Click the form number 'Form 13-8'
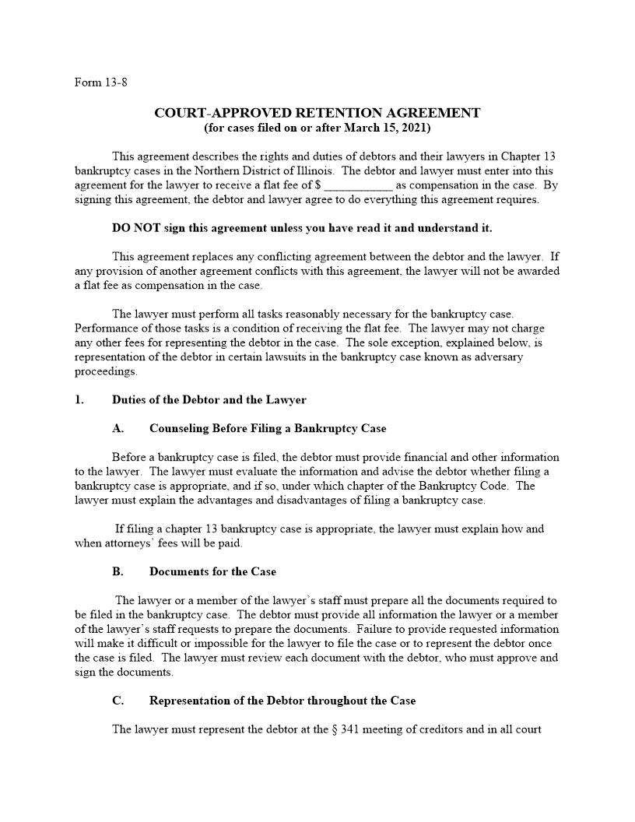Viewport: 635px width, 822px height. pos(100,83)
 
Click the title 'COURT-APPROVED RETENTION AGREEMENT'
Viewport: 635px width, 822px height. pos(317,113)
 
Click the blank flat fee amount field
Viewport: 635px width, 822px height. pos(358,186)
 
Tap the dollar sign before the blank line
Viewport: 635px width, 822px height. pos(319,185)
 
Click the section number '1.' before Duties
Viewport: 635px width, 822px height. pos(79,400)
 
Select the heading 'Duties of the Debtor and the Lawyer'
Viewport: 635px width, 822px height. pos(209,400)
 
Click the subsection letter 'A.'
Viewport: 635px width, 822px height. pos(118,428)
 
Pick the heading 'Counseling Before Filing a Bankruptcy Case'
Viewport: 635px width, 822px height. pos(267,428)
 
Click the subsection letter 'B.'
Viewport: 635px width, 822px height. pos(118,571)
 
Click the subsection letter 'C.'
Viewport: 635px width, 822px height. pos(118,701)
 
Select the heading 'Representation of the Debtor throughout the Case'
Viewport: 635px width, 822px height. pos(282,701)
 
